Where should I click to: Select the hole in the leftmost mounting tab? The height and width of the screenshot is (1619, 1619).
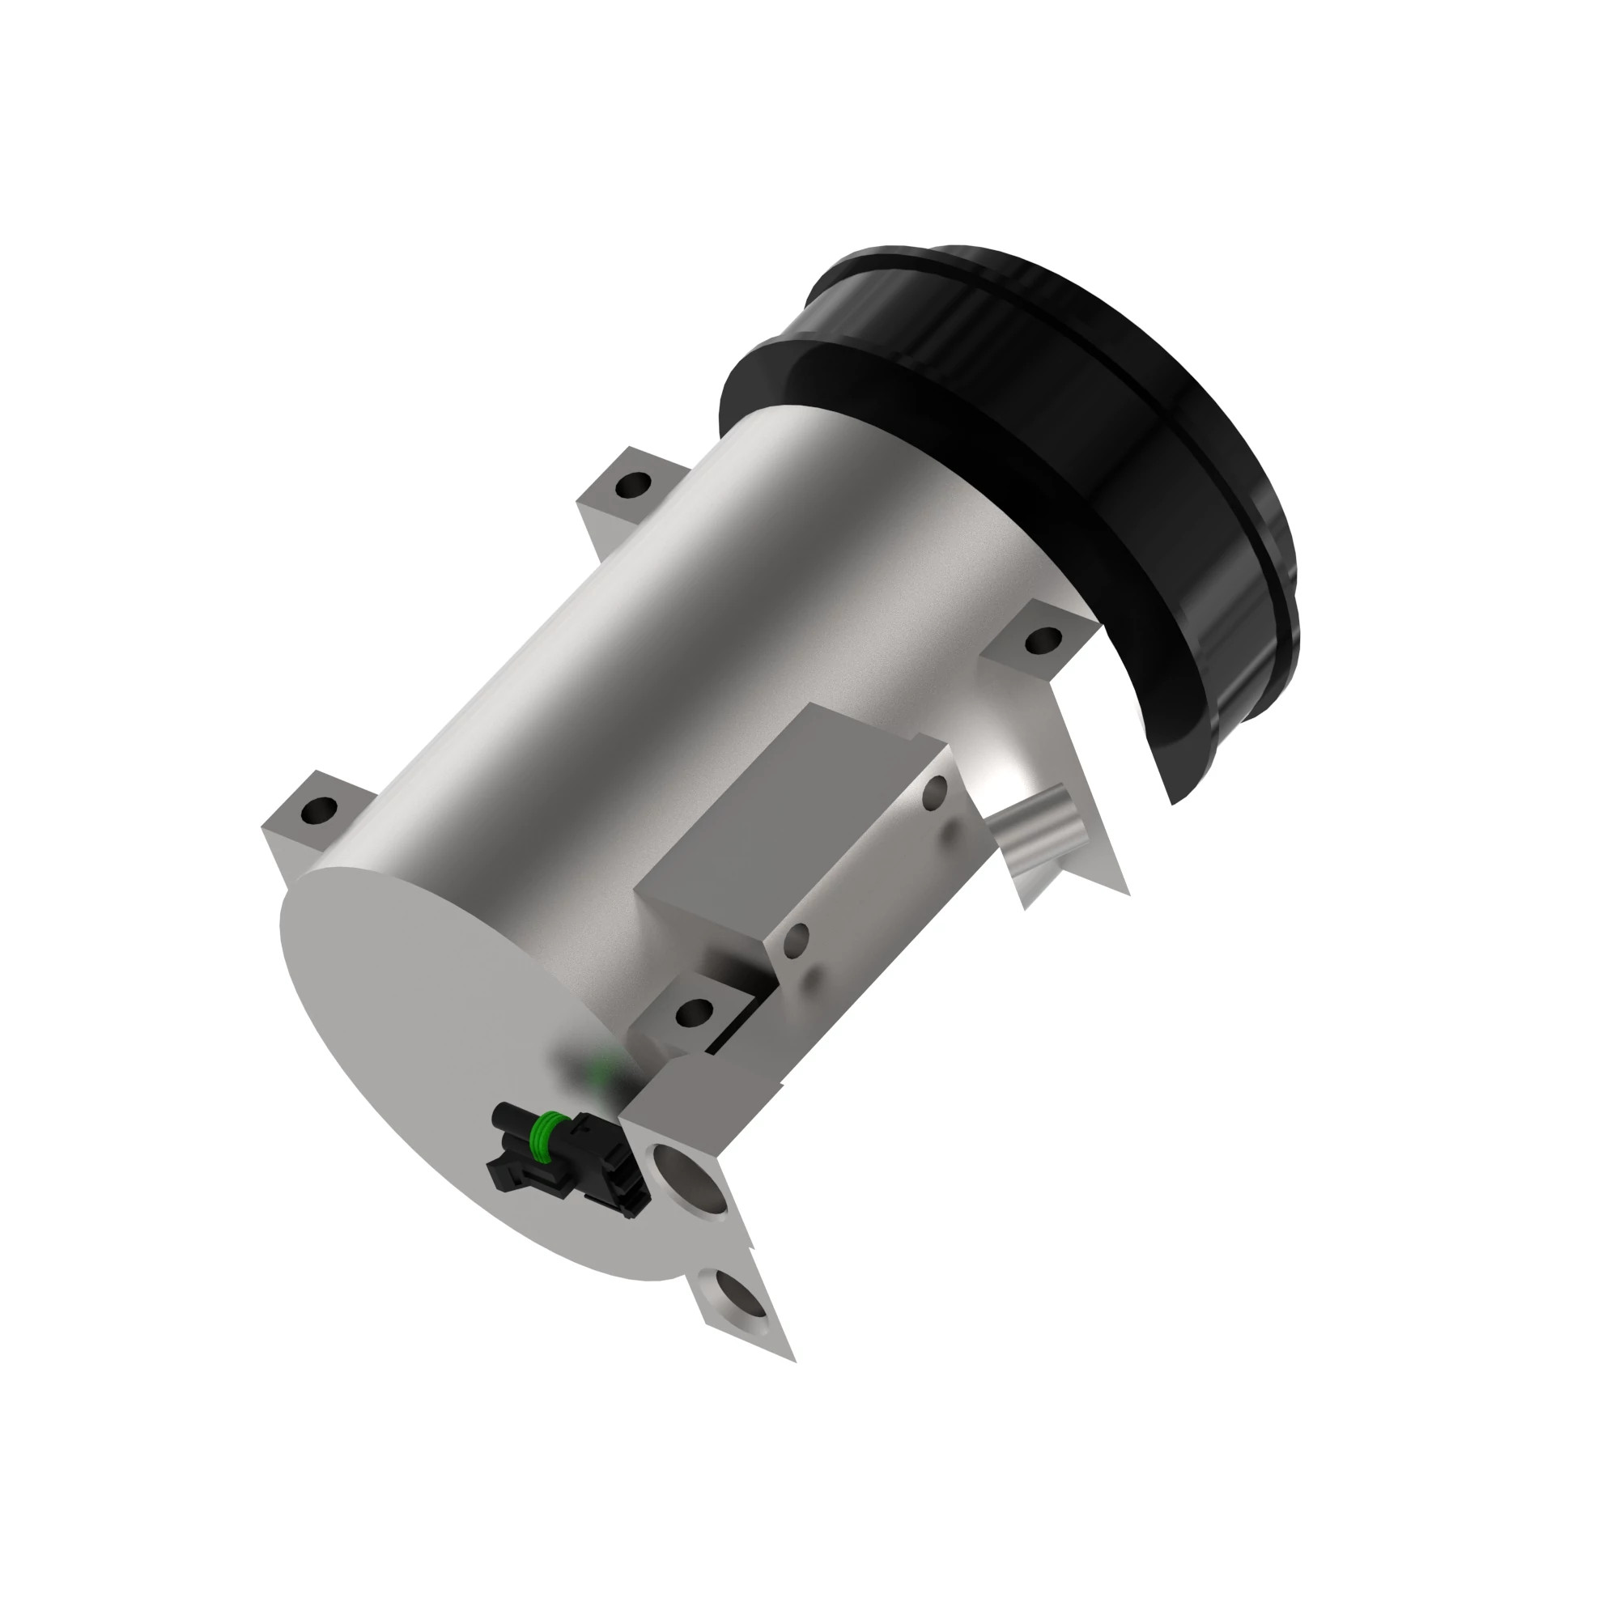pyautogui.click(x=319, y=809)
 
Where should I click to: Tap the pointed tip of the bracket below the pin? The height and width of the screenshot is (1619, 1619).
pyautogui.click(x=1025, y=907)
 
